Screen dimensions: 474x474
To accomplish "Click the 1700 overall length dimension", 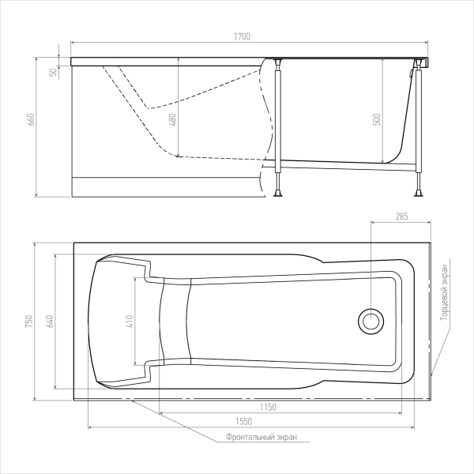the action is click(243, 36).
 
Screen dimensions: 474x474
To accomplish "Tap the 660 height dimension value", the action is click(31, 120).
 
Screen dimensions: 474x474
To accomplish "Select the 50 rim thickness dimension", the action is click(53, 73).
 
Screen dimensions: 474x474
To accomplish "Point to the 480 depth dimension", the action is click(172, 120).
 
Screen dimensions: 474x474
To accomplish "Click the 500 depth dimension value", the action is click(377, 120).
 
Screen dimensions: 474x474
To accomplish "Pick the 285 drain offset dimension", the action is click(402, 216).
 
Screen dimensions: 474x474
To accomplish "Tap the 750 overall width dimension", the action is click(29, 322).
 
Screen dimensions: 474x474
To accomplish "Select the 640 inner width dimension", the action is click(50, 322).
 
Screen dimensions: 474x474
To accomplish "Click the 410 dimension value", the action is click(130, 322).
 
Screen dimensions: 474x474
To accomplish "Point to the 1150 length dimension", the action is click(268, 408).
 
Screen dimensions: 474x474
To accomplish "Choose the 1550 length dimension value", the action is click(243, 421).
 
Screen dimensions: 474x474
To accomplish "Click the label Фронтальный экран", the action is click(261, 437).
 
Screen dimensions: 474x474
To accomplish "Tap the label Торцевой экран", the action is click(444, 292).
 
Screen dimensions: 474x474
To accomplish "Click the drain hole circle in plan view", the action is click(371, 322).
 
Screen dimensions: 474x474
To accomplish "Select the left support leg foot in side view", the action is click(278, 193).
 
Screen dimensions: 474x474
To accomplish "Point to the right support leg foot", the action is click(419, 193).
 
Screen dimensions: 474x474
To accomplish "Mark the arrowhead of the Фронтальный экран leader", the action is click(133, 401).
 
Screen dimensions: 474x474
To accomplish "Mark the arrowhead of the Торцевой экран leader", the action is click(431, 374).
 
